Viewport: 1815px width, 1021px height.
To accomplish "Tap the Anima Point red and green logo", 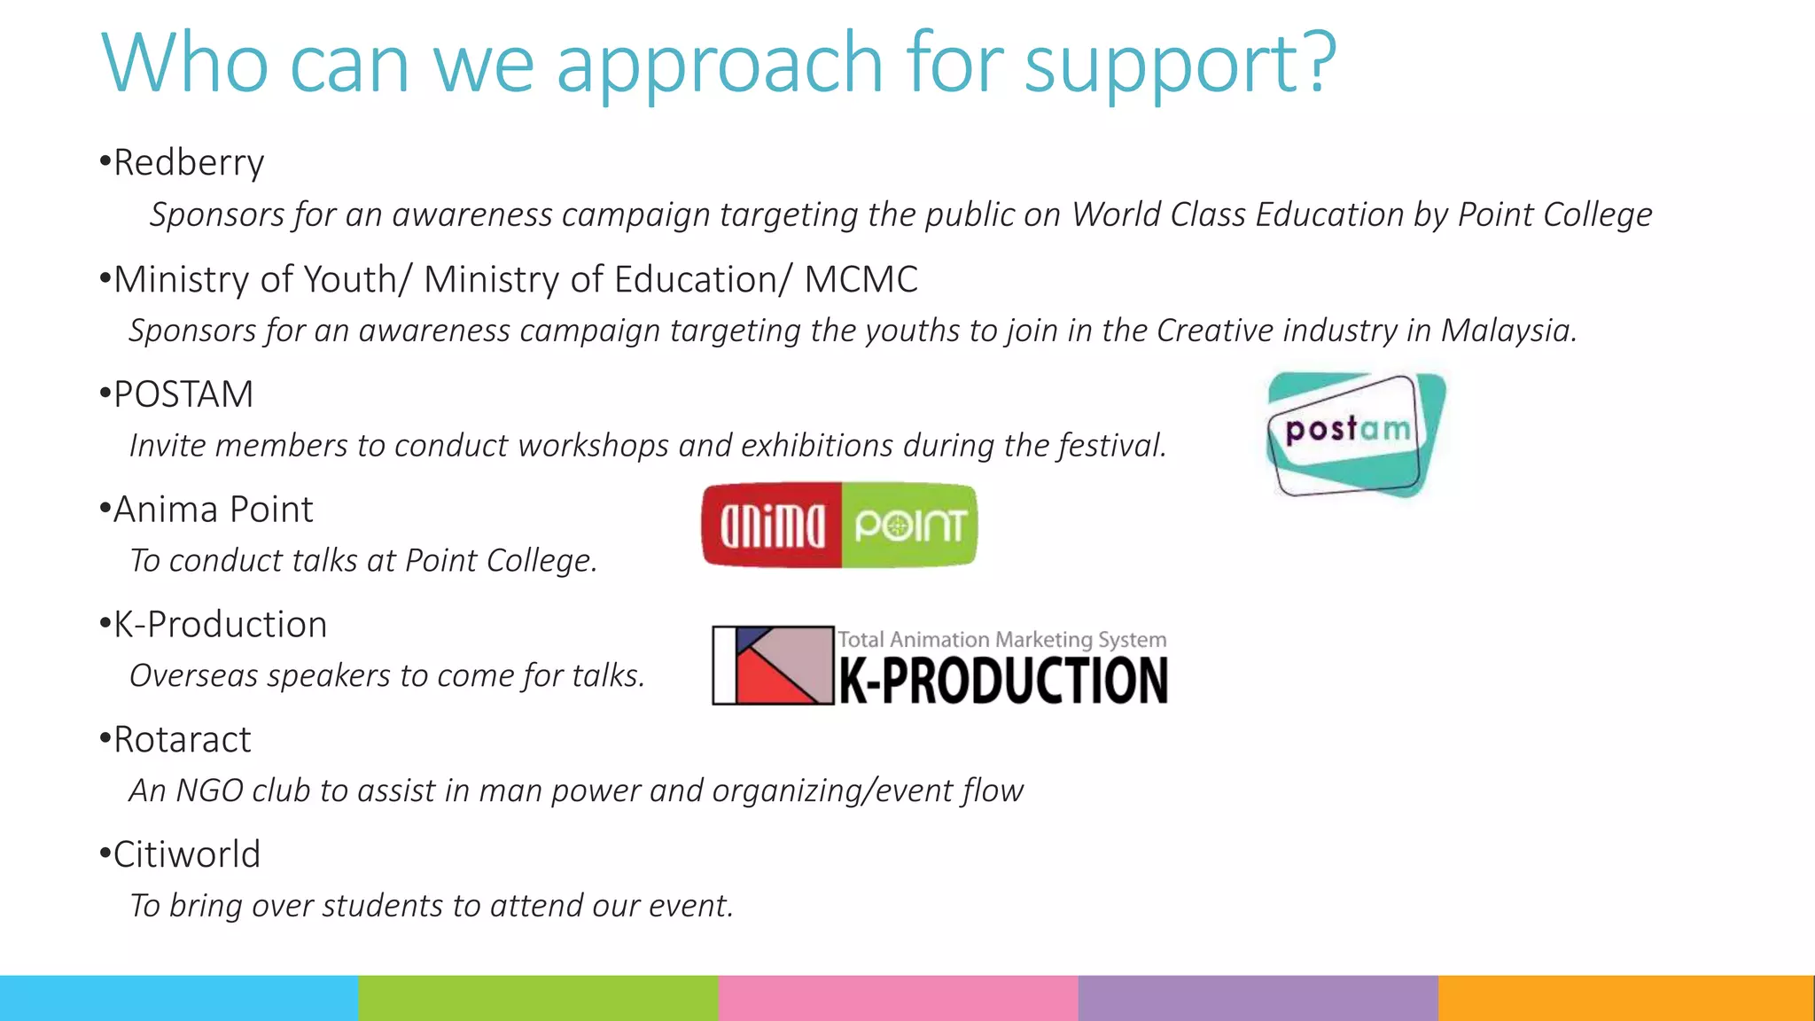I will click(x=839, y=525).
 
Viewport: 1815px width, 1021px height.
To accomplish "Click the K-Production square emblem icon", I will click(x=774, y=665).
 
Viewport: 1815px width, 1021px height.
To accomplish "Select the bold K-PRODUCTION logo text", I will click(x=1003, y=681).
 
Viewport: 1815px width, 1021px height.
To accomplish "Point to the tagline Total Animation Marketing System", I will click(x=1001, y=639).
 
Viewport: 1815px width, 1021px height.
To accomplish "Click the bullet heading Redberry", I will click(x=189, y=163).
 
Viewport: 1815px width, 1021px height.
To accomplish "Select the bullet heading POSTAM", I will click(x=183, y=394).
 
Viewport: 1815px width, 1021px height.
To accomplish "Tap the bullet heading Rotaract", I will click(x=182, y=740).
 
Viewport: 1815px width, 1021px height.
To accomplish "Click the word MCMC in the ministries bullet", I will click(x=861, y=280).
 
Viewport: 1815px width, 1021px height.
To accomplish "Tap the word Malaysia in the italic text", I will click(x=1507, y=331).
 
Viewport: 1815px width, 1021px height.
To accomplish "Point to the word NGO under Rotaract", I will click(x=209, y=791).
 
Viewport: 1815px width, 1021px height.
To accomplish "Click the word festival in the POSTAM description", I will click(x=1111, y=445).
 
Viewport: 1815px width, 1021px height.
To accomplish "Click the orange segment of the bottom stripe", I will click(x=1625, y=998).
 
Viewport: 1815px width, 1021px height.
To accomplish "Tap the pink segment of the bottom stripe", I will click(x=899, y=998).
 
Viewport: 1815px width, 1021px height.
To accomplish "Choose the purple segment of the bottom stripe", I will click(x=1258, y=998).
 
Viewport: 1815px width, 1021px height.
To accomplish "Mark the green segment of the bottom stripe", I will click(x=539, y=998).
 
